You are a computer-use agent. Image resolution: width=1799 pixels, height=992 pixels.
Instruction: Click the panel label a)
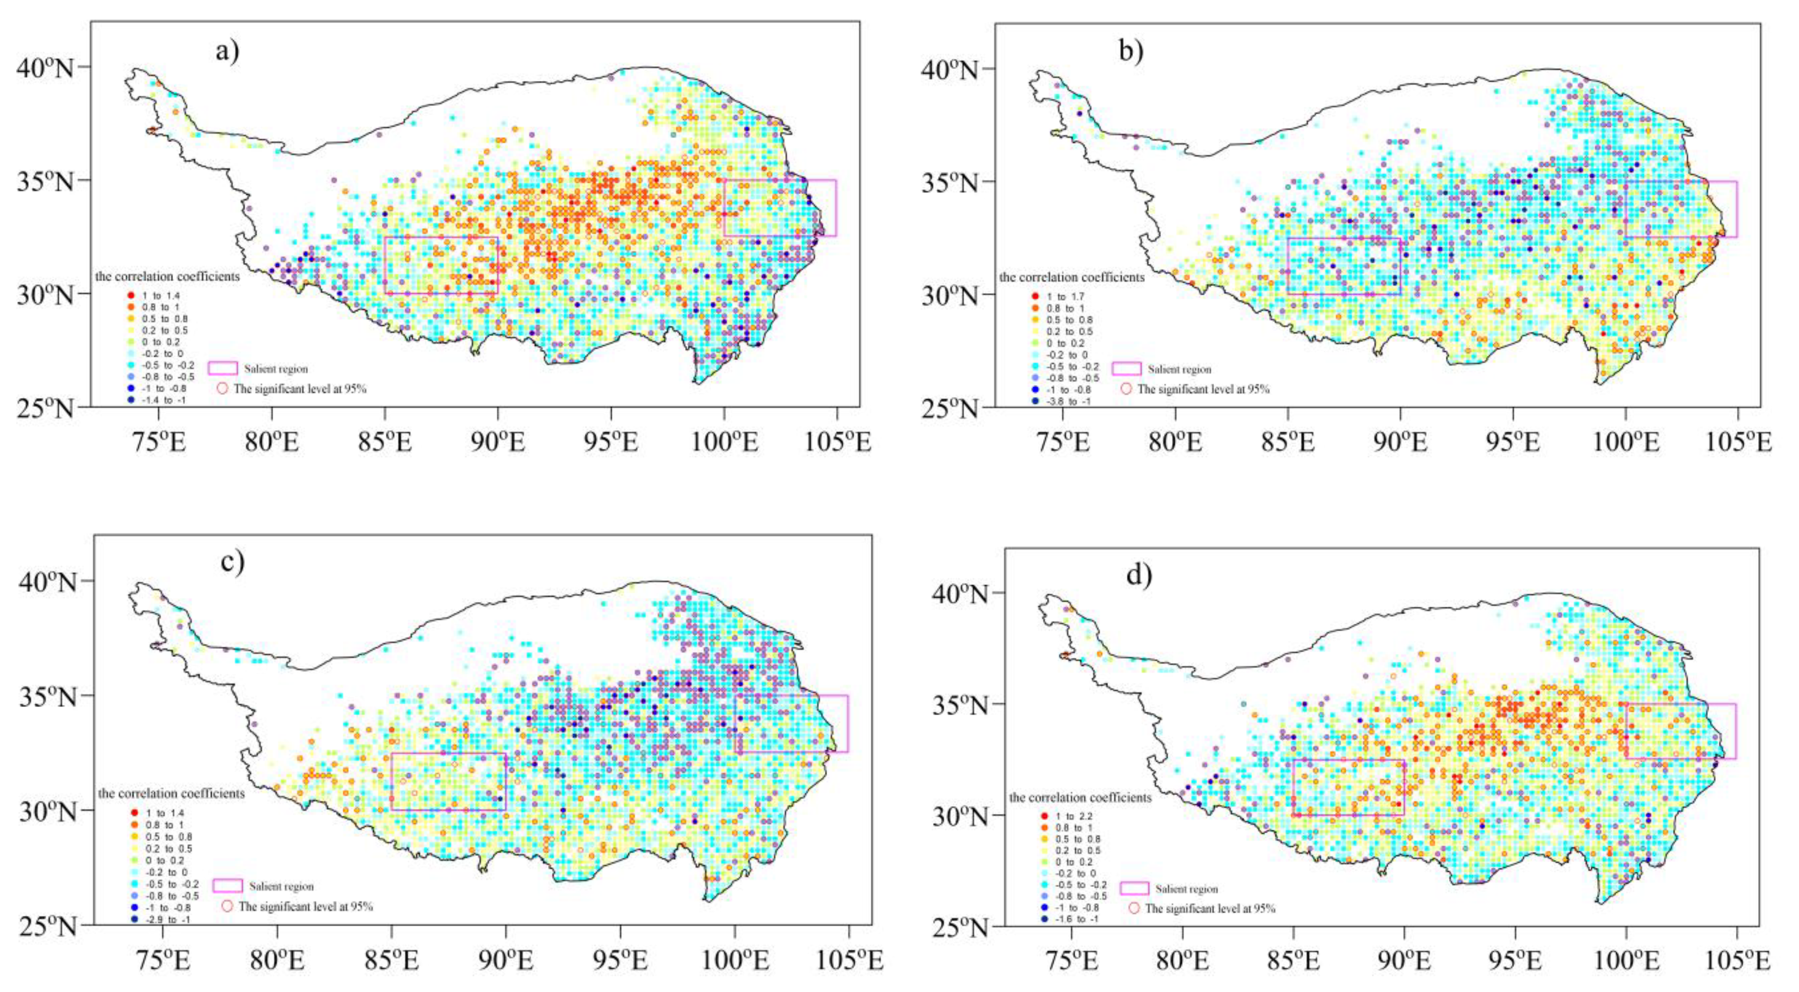point(227,51)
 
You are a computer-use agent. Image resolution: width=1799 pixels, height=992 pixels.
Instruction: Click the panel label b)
point(1131,51)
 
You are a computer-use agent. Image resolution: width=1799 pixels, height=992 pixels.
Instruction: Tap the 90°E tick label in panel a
point(497,442)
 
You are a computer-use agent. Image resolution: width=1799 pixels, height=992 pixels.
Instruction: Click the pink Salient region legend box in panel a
point(223,368)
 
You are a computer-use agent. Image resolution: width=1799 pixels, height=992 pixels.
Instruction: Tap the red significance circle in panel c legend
point(226,906)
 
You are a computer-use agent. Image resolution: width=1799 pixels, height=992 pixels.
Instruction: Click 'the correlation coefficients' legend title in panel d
point(1080,797)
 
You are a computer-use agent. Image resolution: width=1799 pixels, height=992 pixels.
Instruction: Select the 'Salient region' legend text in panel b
point(1180,369)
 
